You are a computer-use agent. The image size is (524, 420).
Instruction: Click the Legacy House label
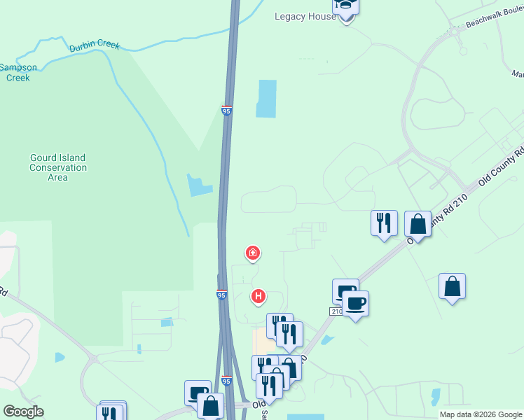click(x=305, y=16)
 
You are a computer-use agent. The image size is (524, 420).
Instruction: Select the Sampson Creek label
click(x=18, y=73)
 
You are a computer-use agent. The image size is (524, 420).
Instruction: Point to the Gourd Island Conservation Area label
click(x=58, y=168)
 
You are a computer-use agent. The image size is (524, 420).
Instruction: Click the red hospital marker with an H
click(x=258, y=297)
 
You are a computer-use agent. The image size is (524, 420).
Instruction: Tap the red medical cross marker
click(x=252, y=252)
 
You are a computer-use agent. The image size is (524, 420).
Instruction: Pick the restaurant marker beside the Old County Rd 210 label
click(x=384, y=223)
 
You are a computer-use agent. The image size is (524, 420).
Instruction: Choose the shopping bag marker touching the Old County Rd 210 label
click(x=418, y=225)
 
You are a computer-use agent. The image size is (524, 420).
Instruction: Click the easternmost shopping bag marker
click(x=453, y=286)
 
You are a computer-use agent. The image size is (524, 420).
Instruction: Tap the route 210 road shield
click(x=337, y=310)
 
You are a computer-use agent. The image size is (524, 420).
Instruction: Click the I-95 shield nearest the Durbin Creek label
click(x=226, y=111)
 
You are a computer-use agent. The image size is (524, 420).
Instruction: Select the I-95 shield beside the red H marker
click(x=221, y=295)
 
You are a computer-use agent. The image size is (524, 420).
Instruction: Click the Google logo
click(x=23, y=412)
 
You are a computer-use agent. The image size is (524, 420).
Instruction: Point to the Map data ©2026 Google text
click(x=480, y=414)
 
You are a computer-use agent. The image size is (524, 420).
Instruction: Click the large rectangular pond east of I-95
click(x=267, y=98)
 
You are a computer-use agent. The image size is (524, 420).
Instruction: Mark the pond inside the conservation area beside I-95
click(x=199, y=185)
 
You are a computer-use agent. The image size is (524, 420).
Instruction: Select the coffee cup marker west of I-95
click(x=197, y=392)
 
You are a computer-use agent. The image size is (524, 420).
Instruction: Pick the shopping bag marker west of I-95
click(x=210, y=405)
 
